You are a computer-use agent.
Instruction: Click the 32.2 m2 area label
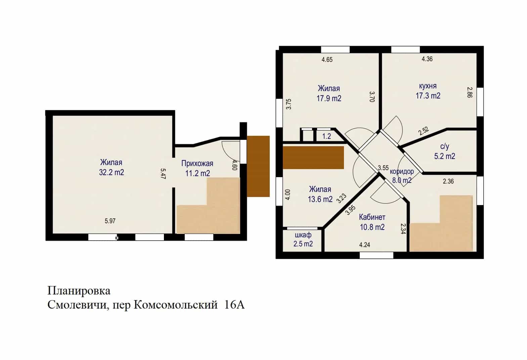tap(111, 172)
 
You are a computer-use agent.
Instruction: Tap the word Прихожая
tap(197, 163)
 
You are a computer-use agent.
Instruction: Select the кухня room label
tap(428, 86)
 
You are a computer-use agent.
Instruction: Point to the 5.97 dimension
tap(110, 221)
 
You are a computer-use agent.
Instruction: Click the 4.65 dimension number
tap(327, 59)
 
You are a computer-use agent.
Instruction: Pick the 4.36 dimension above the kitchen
tap(427, 59)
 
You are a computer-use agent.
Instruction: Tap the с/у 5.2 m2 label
tap(445, 151)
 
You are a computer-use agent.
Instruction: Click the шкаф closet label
tap(303, 235)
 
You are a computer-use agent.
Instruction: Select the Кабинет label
tap(372, 217)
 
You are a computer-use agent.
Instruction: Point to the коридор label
tap(402, 171)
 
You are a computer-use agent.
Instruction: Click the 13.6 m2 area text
tap(320, 199)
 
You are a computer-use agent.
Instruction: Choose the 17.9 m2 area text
tap(329, 98)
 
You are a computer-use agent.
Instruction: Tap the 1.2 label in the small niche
tap(326, 136)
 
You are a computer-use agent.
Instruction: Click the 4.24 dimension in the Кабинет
tap(364, 245)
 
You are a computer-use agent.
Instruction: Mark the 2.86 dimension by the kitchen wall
tap(470, 92)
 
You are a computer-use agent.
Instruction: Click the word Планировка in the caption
tap(79, 291)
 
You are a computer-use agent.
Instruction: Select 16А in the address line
tap(234, 305)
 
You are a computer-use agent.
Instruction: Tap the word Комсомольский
tap(176, 305)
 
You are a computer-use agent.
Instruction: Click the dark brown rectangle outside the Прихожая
tap(258, 166)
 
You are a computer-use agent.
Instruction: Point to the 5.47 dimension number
tap(163, 174)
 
